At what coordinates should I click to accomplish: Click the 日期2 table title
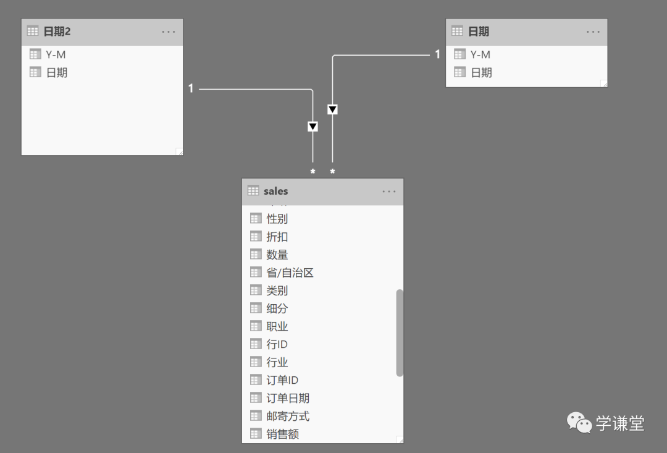click(57, 32)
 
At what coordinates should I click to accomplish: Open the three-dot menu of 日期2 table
click(169, 32)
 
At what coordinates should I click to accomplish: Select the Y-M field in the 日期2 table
click(56, 54)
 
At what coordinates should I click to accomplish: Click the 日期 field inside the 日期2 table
click(57, 72)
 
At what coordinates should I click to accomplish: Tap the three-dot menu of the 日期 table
click(593, 32)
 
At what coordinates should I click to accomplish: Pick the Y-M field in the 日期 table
click(480, 54)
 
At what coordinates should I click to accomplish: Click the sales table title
click(275, 191)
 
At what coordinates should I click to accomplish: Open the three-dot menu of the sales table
click(389, 192)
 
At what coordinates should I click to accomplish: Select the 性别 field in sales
click(277, 219)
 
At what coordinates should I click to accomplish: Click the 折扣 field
click(277, 237)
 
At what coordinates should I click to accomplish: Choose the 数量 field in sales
click(277, 255)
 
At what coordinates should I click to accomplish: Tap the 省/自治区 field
click(290, 273)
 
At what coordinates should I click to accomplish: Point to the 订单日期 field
click(288, 398)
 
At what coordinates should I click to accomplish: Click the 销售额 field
click(282, 434)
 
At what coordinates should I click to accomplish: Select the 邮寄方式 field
click(288, 416)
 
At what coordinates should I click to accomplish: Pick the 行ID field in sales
click(277, 344)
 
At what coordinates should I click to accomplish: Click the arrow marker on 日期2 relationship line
click(313, 127)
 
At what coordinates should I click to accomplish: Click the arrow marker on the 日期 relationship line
click(332, 109)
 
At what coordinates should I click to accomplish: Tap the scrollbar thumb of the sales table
click(400, 332)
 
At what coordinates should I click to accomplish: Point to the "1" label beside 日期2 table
click(191, 89)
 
